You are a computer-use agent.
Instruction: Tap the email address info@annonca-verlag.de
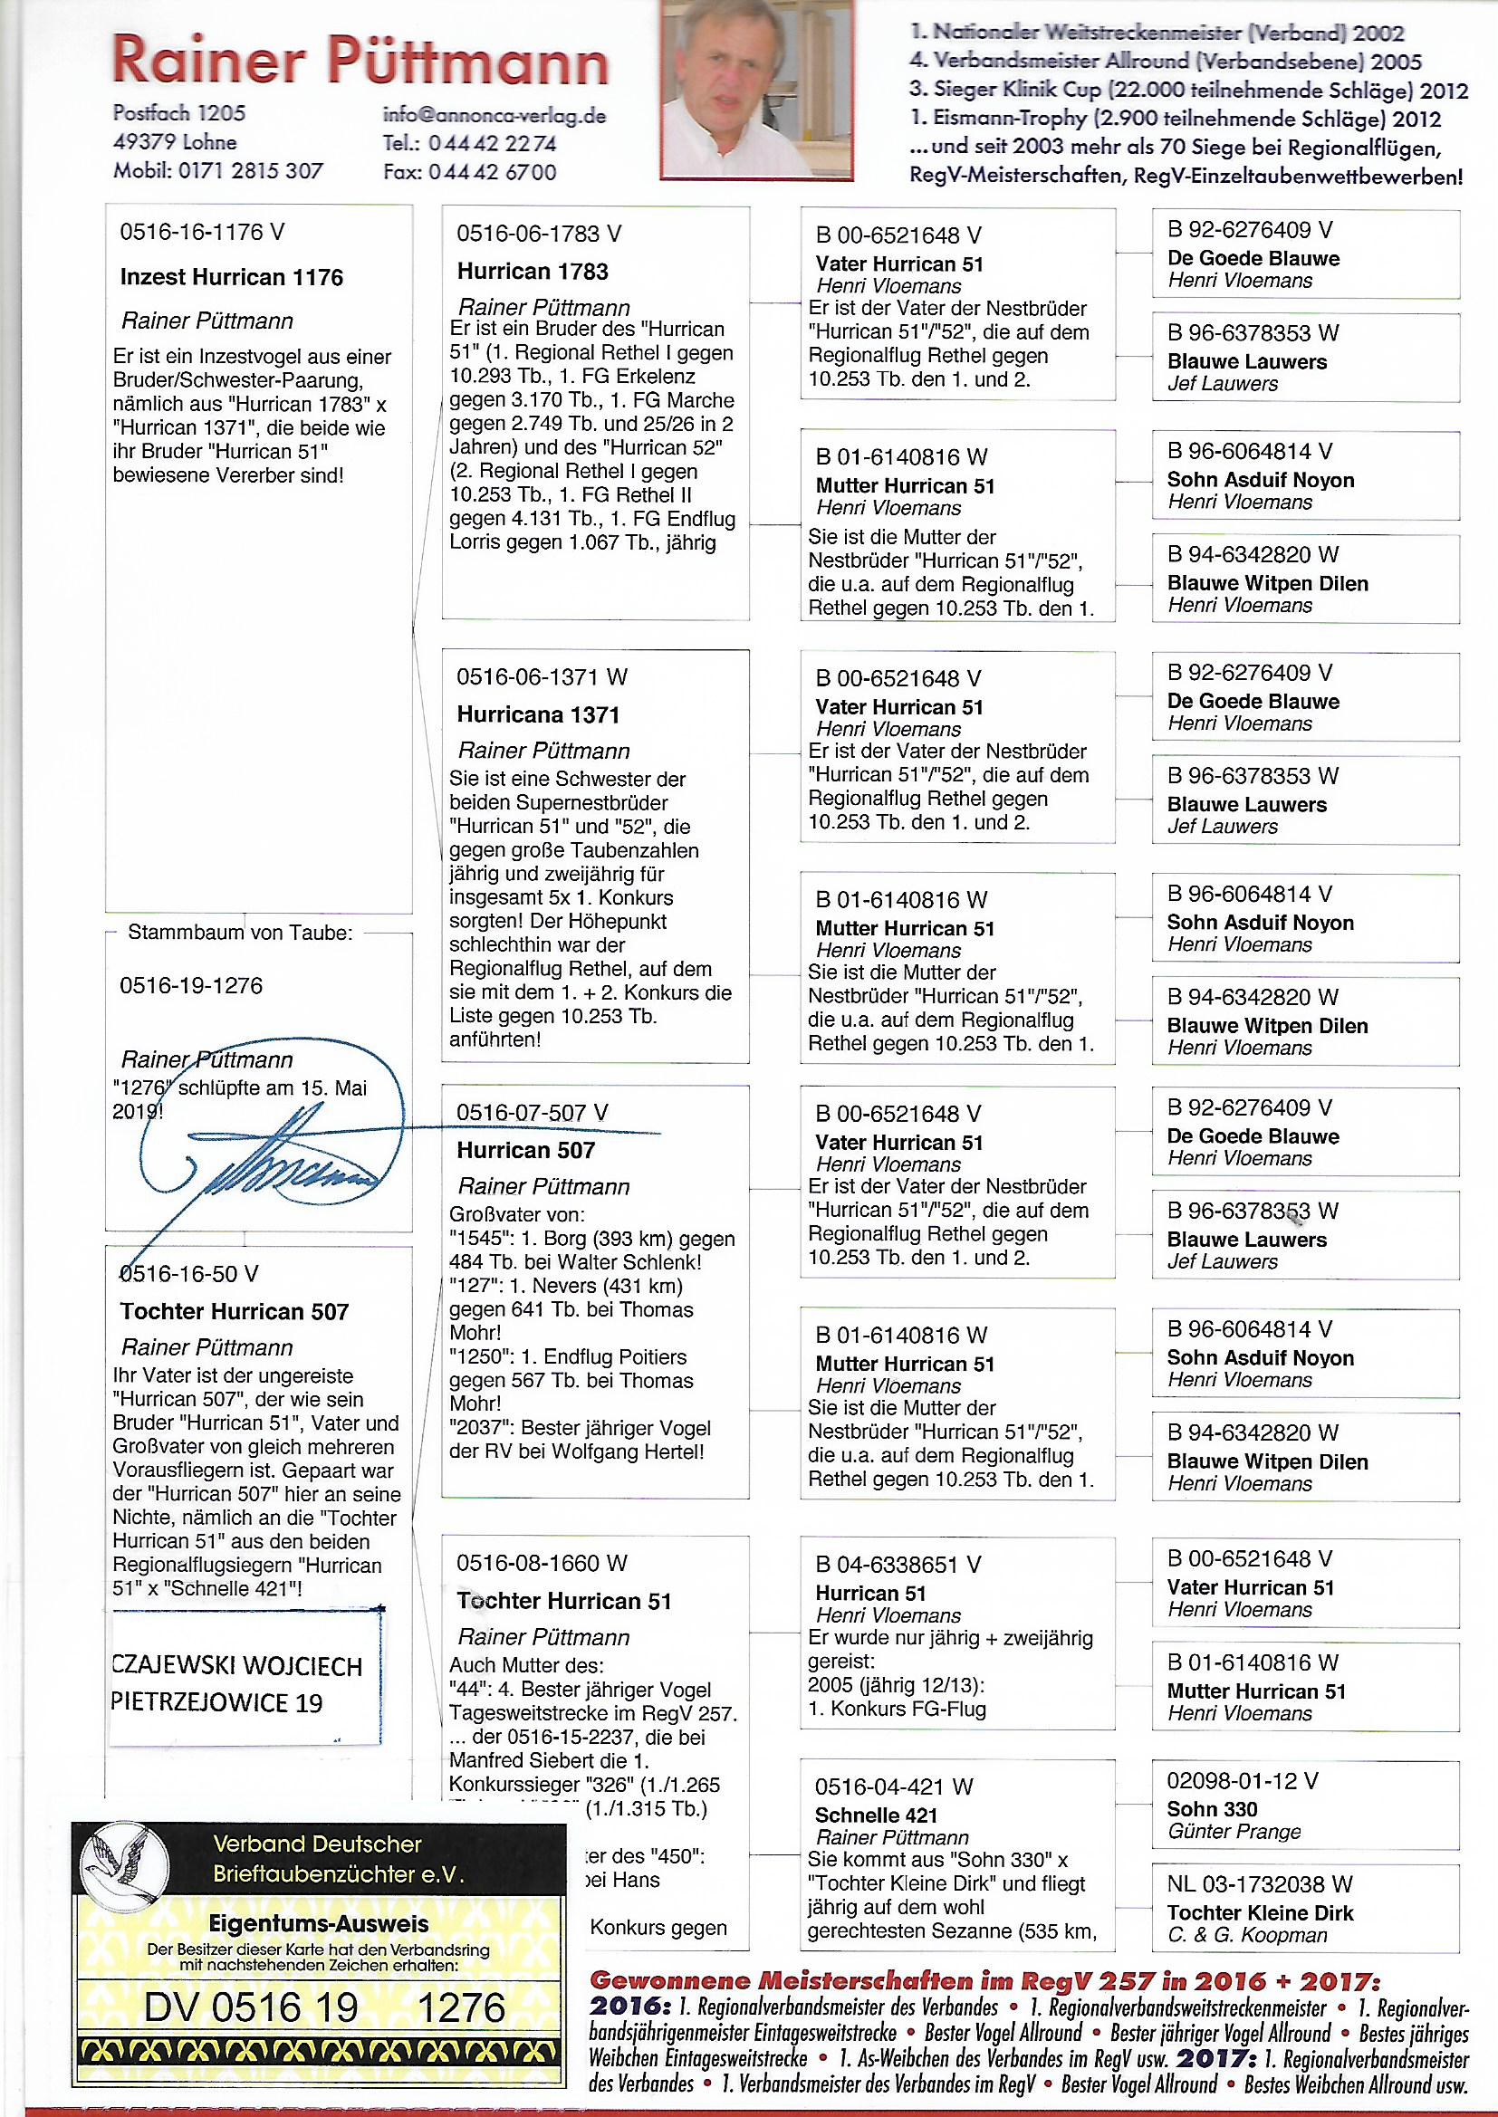coord(495,115)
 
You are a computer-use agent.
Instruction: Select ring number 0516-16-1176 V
coord(202,233)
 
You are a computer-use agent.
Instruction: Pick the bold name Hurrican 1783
coord(533,272)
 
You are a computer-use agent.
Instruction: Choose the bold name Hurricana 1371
coord(539,714)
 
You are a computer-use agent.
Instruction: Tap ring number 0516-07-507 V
coord(533,1114)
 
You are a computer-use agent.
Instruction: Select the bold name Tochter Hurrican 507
coord(235,1311)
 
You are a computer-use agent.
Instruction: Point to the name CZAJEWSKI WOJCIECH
coord(236,1666)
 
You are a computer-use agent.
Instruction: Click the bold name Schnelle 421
coord(877,1815)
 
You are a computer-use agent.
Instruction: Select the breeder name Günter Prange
coord(1234,1832)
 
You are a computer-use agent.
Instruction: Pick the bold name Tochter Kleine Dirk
coord(1260,1913)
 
